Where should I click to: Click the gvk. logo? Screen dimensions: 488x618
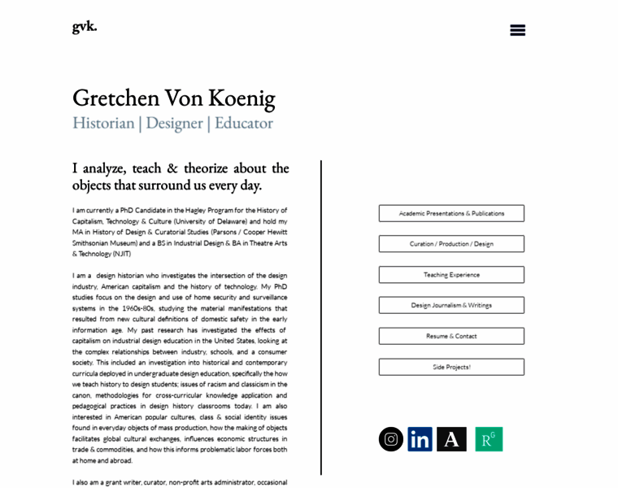point(85,26)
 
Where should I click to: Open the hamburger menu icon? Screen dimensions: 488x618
point(517,30)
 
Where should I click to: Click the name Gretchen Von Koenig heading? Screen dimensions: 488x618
point(173,98)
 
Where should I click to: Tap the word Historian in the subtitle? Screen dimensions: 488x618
point(103,123)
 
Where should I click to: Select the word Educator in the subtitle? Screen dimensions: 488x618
point(243,123)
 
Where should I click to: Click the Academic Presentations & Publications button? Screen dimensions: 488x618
point(451,213)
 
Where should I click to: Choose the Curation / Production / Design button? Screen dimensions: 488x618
point(451,244)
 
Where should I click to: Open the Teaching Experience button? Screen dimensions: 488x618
point(451,275)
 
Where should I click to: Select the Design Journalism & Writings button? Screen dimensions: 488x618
point(451,305)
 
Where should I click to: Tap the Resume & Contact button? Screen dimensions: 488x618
point(451,336)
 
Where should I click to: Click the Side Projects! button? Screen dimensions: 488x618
point(451,367)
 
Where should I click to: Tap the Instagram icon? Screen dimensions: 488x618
point(391,439)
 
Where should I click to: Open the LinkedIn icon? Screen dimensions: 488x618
point(420,439)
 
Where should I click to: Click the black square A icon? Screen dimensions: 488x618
point(451,439)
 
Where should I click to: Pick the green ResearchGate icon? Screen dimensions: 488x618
point(489,439)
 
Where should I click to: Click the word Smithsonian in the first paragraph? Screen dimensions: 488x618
point(96,243)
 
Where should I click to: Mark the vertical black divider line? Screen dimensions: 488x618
point(321,317)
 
